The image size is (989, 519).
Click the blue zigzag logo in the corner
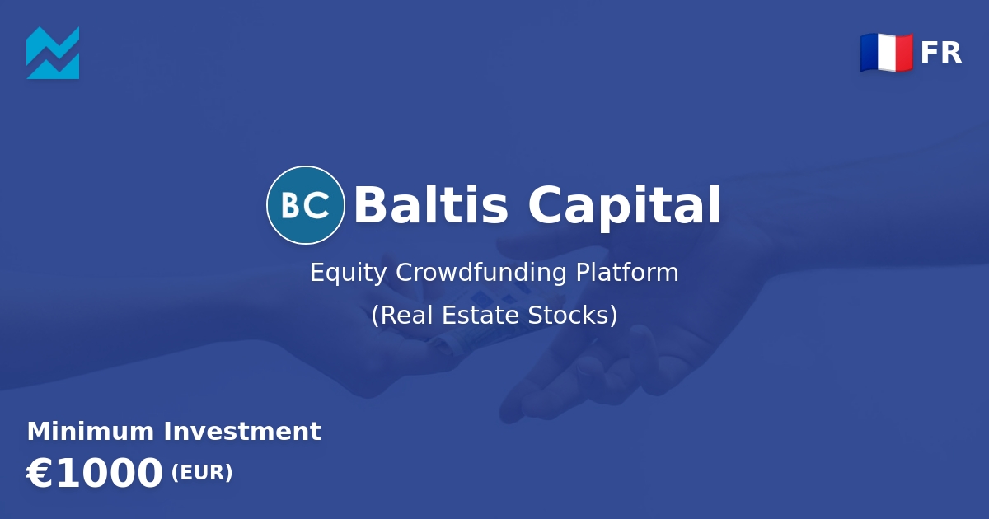(x=53, y=53)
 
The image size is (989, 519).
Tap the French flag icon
(x=887, y=53)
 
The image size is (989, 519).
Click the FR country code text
(x=941, y=53)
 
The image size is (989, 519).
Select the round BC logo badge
(x=306, y=205)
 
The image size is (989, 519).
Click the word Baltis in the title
(x=431, y=205)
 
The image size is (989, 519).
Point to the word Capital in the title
(x=625, y=208)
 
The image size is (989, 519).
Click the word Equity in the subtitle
(x=349, y=273)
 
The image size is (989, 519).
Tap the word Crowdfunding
(x=480, y=272)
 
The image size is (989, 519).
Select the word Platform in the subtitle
(x=627, y=272)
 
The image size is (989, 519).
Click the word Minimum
(x=91, y=431)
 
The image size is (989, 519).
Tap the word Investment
(x=242, y=431)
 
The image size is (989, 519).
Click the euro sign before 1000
(x=40, y=473)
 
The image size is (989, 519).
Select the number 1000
(x=109, y=473)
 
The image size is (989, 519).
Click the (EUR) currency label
(x=202, y=473)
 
